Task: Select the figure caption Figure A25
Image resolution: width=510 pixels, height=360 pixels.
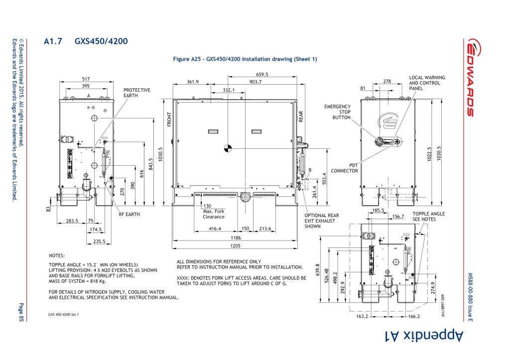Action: [x=245, y=59]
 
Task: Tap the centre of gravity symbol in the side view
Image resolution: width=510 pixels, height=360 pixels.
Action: [x=228, y=148]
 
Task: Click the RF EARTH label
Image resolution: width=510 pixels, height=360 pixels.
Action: [x=129, y=214]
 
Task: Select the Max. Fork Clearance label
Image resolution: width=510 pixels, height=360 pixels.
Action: [x=213, y=214]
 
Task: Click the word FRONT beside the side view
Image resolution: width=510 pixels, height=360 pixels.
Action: [x=169, y=119]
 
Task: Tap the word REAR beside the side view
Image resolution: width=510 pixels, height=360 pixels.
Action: [x=301, y=117]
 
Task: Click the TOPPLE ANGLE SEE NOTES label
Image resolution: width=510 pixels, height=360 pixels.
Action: [x=428, y=217]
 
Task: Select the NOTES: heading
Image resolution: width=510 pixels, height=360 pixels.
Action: [x=57, y=255]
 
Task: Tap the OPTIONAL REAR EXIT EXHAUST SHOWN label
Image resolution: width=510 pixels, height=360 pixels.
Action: [x=321, y=221]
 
